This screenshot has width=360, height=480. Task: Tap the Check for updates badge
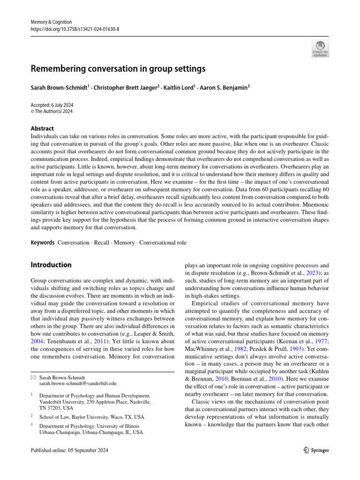click(x=321, y=49)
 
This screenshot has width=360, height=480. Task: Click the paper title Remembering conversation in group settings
click(x=118, y=69)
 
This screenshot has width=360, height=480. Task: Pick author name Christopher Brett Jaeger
click(x=120, y=87)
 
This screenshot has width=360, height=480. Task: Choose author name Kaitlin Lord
click(x=177, y=87)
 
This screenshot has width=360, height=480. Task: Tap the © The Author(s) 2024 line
click(x=52, y=112)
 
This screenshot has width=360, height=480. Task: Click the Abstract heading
click(x=42, y=128)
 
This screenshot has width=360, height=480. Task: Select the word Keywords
click(x=42, y=243)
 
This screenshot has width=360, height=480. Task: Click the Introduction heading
click(x=51, y=265)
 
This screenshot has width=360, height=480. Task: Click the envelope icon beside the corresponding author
click(x=33, y=377)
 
